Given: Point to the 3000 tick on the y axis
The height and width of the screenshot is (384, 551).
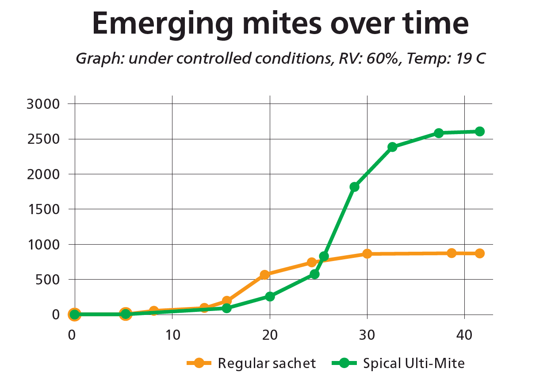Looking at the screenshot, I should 43,104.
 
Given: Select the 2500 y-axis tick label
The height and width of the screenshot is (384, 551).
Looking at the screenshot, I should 43,139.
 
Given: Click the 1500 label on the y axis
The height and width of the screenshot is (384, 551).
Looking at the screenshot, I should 43,209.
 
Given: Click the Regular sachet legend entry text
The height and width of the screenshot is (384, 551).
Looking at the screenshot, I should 267,364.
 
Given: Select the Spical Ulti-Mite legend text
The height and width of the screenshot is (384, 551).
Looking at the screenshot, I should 414,364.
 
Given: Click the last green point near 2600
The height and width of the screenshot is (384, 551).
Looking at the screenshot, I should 479,131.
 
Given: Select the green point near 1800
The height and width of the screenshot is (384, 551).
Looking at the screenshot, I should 354,187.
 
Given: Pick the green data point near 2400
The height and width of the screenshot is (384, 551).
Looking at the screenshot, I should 392,147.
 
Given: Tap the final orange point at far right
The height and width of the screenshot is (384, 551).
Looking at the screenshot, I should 479,253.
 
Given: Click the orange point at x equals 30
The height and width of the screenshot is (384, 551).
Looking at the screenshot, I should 367,253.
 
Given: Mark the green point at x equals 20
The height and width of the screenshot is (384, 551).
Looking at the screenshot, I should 270,296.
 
